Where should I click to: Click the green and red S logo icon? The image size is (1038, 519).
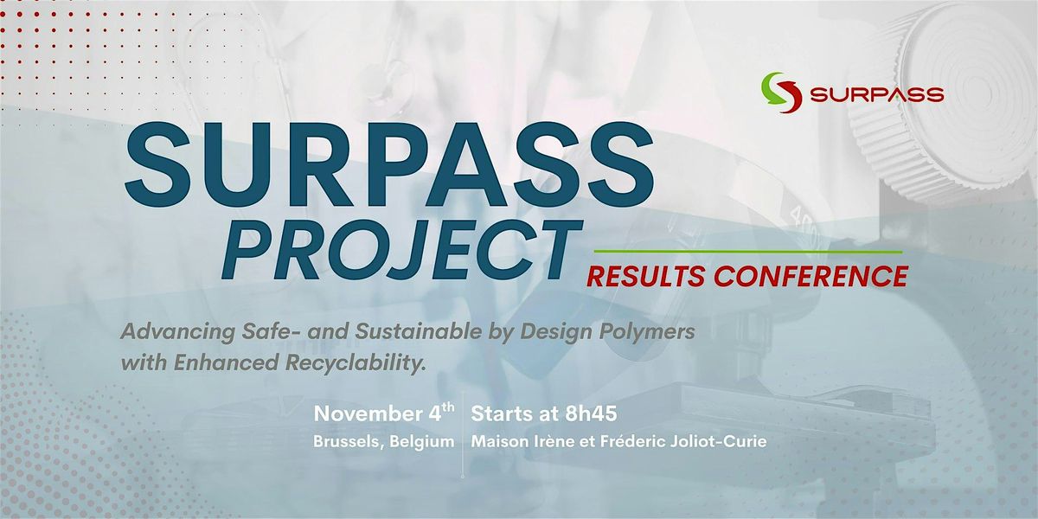point(781,93)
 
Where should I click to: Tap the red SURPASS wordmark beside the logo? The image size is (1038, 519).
point(877,94)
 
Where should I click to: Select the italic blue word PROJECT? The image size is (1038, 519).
point(401,250)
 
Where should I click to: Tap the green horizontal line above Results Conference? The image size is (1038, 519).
point(748,252)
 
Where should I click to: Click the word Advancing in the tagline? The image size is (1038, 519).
point(177,333)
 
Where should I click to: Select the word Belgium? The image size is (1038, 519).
point(422,442)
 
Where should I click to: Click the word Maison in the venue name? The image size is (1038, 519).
point(496,442)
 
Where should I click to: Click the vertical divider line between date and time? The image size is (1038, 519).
point(463,433)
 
